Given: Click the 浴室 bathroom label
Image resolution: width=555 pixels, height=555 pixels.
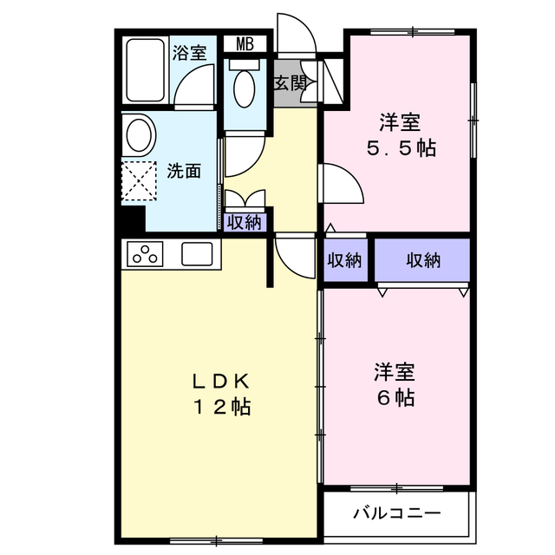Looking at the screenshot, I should pos(189,52).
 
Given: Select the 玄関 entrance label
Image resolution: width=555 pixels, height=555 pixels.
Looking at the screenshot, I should pos(290,83).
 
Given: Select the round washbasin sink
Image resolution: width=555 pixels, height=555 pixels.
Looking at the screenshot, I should pos(139,135).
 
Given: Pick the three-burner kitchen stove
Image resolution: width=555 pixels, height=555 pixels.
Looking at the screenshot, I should pos(146,255).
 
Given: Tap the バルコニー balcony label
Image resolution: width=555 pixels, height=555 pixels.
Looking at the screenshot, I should pos(395,513).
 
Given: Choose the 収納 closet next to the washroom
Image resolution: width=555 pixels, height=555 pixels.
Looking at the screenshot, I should pos(244,222).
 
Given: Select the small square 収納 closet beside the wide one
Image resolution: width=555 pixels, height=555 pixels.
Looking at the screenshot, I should pos(347,260).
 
